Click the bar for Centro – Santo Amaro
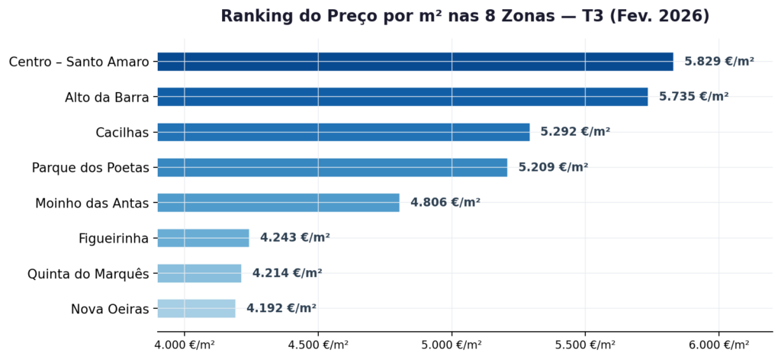pyautogui.click(x=415, y=62)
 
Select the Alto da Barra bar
pyautogui.click(x=402, y=97)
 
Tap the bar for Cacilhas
pyautogui.click(x=343, y=132)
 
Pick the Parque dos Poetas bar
pyautogui.click(x=332, y=167)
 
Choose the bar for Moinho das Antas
pyautogui.click(x=278, y=202)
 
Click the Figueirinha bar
pyautogui.click(x=203, y=238)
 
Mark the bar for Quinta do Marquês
pyautogui.click(x=199, y=273)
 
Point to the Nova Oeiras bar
pyautogui.click(x=196, y=308)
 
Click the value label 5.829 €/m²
pyautogui.click(x=718, y=62)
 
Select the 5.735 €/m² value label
pyautogui.click(x=693, y=97)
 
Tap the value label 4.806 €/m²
pyautogui.click(x=445, y=202)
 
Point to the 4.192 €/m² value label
pyautogui.click(x=281, y=308)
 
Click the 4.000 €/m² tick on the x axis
pyautogui.click(x=185, y=346)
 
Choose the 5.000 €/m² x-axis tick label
pyautogui.click(x=452, y=346)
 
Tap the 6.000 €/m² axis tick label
pyautogui.click(x=718, y=346)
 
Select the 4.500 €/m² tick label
pyautogui.click(x=318, y=346)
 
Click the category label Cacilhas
pyautogui.click(x=122, y=133)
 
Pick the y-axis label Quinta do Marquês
pyautogui.click(x=88, y=274)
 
